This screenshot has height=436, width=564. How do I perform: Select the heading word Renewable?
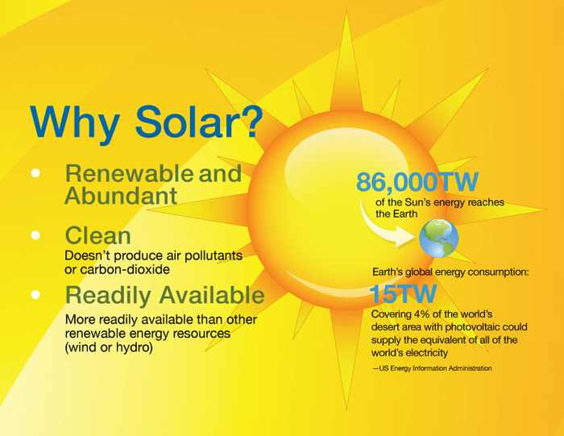click(x=130, y=173)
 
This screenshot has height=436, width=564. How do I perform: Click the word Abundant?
click(x=121, y=195)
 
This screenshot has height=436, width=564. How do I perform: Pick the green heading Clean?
click(x=97, y=235)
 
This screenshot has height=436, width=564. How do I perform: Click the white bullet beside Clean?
click(x=35, y=235)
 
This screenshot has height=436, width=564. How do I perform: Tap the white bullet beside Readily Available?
click(x=35, y=295)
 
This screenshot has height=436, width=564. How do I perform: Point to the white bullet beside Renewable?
click(x=35, y=173)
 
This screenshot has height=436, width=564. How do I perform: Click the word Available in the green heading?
click(x=212, y=295)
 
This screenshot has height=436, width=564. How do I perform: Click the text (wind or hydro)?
click(x=109, y=347)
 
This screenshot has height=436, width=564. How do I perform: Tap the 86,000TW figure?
click(x=417, y=181)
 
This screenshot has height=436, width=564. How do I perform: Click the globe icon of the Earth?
click(x=439, y=238)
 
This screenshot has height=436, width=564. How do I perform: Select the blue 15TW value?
click(x=403, y=294)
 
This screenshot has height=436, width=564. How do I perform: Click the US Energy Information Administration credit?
click(x=433, y=368)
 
